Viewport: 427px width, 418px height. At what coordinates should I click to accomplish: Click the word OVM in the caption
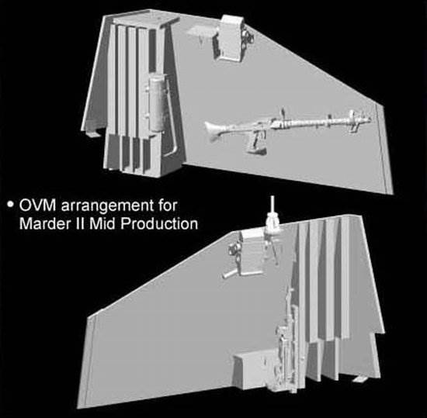tap(38, 206)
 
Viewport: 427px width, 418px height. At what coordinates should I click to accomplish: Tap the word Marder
tap(45, 223)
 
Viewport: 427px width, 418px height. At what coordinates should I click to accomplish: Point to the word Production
tap(159, 223)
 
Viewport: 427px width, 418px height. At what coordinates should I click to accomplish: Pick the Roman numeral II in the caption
tap(80, 223)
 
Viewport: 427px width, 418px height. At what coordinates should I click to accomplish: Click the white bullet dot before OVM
tap(11, 204)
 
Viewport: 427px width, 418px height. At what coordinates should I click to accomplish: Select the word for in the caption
tap(167, 206)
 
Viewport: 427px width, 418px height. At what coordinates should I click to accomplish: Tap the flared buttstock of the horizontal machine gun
tap(215, 131)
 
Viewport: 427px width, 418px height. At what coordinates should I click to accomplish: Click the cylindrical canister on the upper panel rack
tap(157, 104)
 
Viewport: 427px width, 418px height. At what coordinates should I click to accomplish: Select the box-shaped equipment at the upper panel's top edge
tap(231, 37)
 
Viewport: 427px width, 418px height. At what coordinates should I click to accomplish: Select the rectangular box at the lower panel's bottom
tap(251, 370)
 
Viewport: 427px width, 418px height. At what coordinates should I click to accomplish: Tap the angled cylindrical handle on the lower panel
tap(231, 274)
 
